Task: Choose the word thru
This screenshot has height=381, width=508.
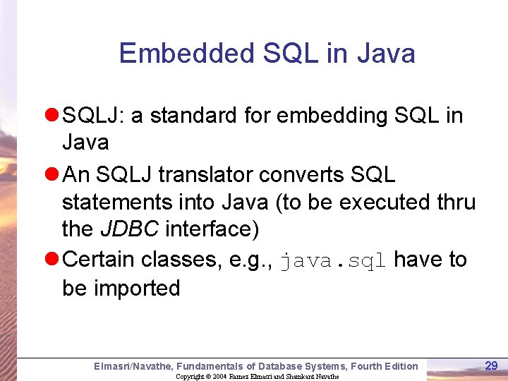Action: coord(456,202)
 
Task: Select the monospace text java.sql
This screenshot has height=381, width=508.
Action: coord(333,260)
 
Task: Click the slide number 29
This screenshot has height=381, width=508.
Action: coord(491,365)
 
